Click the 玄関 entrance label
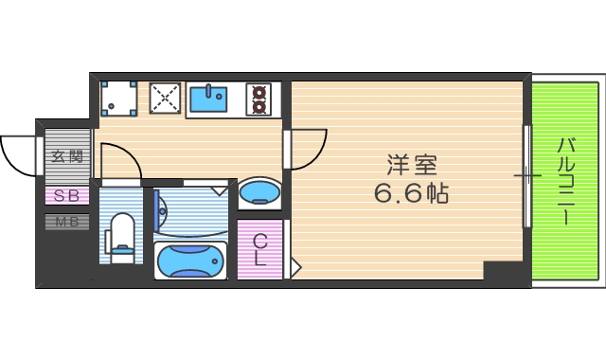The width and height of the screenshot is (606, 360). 67,157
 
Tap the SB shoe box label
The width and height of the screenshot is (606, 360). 67,196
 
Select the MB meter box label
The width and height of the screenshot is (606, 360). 67,223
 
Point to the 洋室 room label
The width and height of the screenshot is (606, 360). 412,165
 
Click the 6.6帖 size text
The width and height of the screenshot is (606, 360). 412,195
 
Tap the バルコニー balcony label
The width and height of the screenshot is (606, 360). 566,181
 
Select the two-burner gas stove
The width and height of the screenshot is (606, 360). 258,99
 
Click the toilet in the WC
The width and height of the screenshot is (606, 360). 122,237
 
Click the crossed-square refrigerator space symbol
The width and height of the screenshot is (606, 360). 165,97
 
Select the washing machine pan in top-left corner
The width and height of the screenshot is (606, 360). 118,97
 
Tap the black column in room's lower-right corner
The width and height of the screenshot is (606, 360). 502,269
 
